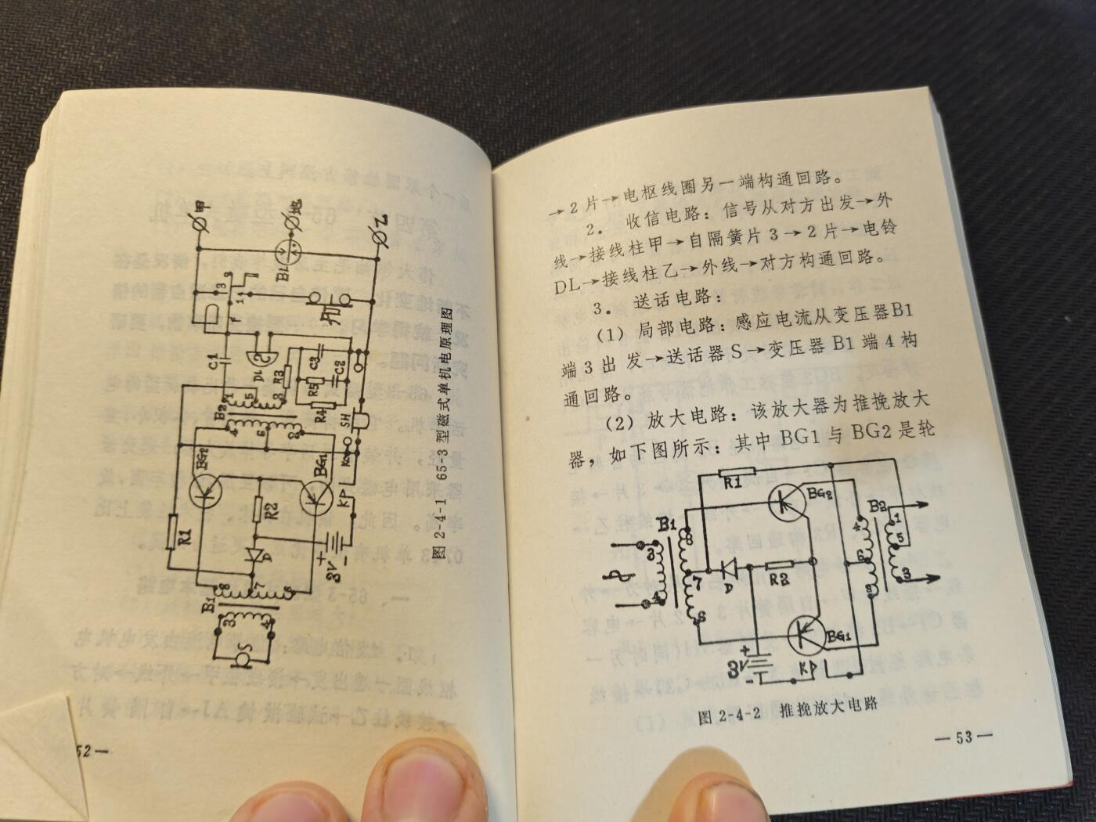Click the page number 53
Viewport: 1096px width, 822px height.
964,737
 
